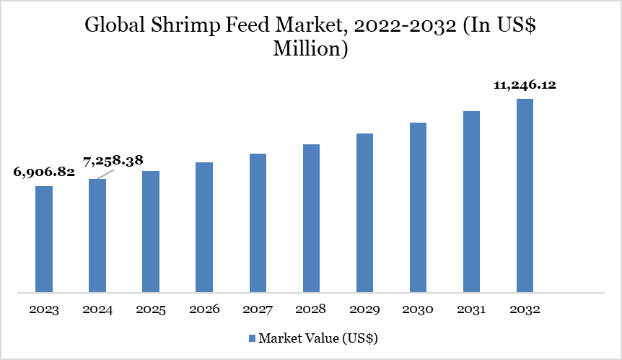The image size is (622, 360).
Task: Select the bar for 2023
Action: click(44, 240)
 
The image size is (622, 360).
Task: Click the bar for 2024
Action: click(97, 236)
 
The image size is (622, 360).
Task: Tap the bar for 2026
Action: click(204, 227)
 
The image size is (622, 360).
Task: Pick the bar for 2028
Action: click(311, 219)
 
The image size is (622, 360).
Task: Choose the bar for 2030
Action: click(418, 208)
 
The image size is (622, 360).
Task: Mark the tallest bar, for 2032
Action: click(525, 196)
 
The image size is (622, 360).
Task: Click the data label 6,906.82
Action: click(44, 172)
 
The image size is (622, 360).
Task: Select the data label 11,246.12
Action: click(525, 85)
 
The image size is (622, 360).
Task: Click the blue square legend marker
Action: click(251, 338)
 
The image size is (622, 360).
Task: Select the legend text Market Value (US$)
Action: click(318, 338)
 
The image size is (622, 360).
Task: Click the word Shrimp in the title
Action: click(187, 25)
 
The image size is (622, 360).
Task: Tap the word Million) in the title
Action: click(311, 49)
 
